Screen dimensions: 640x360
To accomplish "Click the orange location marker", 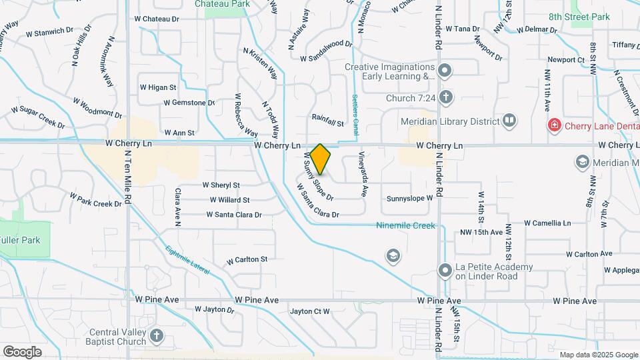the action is (321, 159).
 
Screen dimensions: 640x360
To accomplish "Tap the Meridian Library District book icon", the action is (509, 121).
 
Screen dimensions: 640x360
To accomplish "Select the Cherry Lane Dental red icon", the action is (553, 125).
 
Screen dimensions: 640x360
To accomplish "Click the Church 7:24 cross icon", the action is (445, 98).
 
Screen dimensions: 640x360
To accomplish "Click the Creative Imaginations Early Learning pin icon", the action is (445, 71).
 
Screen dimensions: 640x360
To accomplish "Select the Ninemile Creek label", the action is (405, 225).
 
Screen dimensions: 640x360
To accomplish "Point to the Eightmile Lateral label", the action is (187, 260).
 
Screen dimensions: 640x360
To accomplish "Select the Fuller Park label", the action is (21, 240).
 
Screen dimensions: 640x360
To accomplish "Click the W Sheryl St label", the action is (221, 185).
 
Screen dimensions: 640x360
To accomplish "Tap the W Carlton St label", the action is (247, 259).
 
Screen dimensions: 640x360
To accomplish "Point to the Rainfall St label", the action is (327, 124).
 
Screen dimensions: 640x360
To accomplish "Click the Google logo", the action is (22, 351).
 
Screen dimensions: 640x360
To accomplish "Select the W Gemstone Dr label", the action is (189, 103).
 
